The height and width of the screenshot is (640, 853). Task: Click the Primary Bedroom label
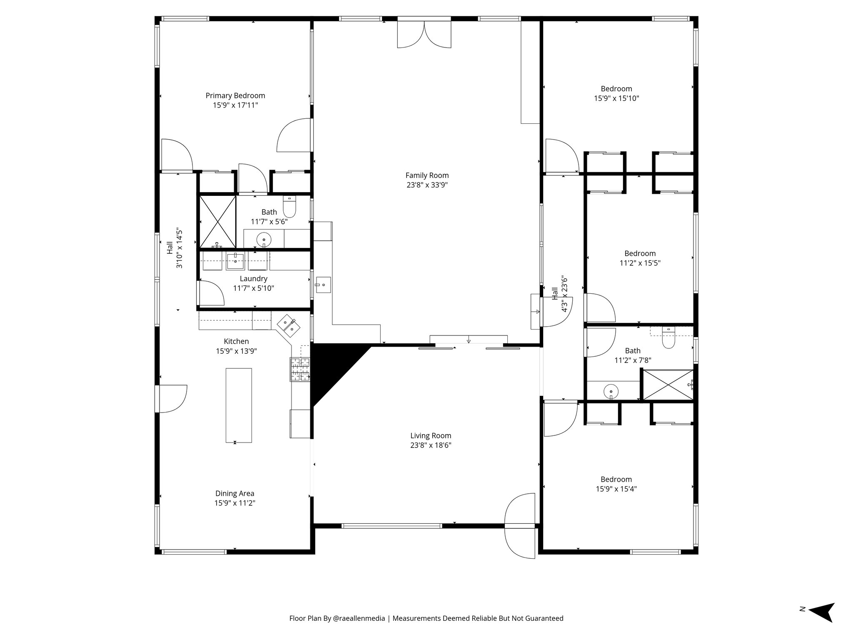235,95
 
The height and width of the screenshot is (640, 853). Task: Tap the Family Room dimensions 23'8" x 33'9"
427,185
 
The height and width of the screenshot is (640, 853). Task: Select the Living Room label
431,436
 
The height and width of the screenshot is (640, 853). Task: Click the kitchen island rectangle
239,405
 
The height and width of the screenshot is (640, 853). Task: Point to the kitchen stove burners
300,369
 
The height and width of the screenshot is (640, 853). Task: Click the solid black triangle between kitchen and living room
329,367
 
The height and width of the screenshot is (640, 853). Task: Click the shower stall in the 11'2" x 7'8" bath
667,385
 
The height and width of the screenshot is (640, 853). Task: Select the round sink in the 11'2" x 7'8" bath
611,391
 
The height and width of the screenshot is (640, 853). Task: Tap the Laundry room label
253,279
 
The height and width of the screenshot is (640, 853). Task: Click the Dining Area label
234,493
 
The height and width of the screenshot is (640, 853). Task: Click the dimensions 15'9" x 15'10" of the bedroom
616,99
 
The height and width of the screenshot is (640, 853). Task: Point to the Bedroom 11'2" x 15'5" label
640,253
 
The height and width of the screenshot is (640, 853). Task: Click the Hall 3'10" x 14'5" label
175,248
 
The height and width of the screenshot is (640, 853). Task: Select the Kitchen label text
236,341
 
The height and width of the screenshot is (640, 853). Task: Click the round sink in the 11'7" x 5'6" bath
264,240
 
